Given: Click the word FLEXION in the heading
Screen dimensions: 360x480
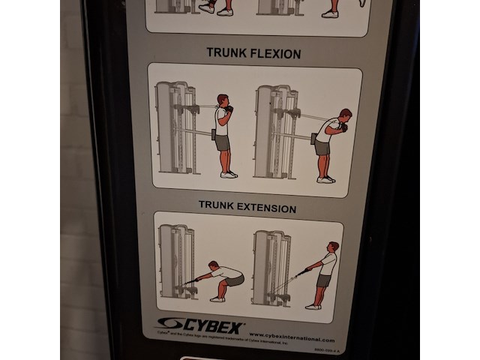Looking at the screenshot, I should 274,54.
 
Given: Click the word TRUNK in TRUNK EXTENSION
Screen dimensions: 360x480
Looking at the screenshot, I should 214,205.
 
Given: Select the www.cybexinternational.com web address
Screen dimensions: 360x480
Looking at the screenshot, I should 292,338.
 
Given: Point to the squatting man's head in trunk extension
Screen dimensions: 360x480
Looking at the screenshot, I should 214,265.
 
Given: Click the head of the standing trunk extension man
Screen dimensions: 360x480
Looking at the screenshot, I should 333,247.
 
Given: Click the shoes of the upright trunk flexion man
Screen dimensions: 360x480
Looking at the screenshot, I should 229,174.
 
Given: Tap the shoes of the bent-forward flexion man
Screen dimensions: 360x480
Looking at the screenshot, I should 325,178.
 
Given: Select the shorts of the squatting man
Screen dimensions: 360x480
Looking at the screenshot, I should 235,281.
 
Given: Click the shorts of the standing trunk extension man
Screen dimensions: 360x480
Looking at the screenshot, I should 323,280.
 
